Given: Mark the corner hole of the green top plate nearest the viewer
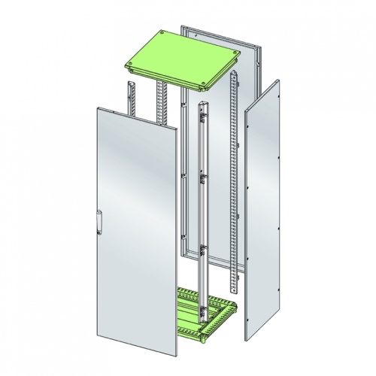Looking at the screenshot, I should tap(205, 85).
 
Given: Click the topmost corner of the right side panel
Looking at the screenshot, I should tap(280, 82).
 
